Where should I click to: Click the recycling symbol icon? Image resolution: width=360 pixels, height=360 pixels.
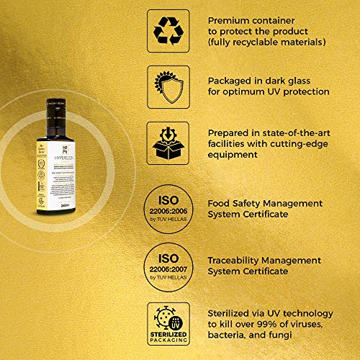167,30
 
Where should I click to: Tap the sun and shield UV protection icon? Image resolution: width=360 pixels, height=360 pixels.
167,86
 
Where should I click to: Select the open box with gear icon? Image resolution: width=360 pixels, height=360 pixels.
167,142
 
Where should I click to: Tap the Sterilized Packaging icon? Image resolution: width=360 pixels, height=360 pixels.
167,324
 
